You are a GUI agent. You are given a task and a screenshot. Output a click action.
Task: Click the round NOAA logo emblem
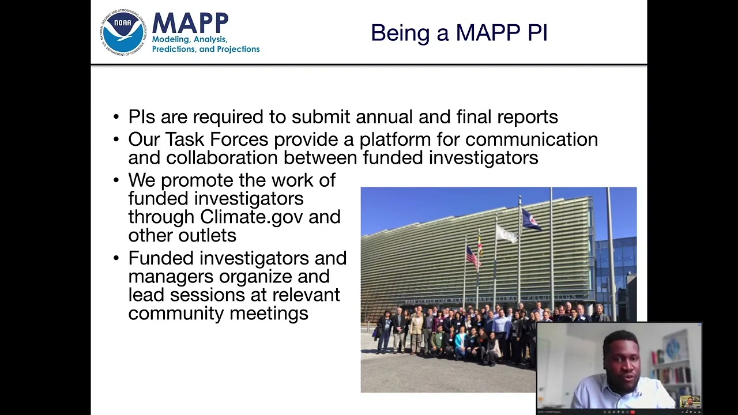pos(123,32)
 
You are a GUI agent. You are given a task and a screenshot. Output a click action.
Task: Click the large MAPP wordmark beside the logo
pos(190,24)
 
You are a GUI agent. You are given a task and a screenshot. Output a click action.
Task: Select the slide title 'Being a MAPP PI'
pos(458,33)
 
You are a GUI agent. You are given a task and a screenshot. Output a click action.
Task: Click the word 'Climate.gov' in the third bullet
pos(251,217)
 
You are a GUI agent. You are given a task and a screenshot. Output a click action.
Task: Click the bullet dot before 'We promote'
pos(116,180)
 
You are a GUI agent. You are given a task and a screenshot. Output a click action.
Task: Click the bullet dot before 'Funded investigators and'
pos(116,258)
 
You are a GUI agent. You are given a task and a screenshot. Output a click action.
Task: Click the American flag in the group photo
pos(472,256)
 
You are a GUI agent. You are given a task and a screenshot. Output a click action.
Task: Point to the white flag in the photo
pos(506,233)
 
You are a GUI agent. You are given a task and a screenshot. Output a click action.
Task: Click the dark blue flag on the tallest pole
pos(530,220)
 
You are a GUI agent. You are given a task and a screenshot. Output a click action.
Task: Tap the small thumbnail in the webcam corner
pos(690,401)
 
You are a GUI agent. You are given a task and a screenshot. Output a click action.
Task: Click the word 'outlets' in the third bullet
pos(210,235)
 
